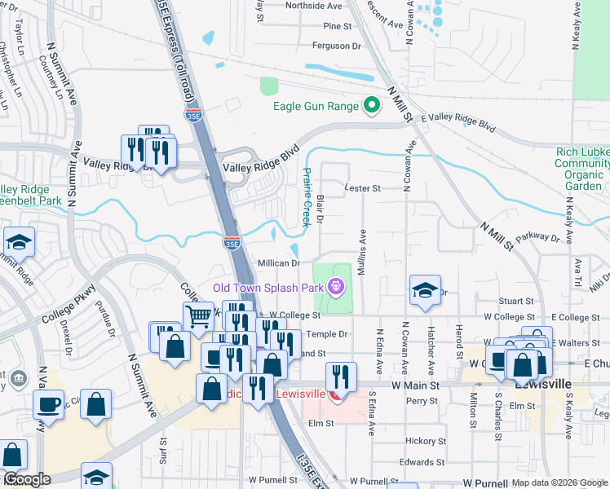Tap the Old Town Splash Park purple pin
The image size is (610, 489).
334,286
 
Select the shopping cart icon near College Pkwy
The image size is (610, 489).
198,315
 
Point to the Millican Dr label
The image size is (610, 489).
279,263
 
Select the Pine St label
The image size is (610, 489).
337,26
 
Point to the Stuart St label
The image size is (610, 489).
515,301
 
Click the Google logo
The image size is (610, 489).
27,479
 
